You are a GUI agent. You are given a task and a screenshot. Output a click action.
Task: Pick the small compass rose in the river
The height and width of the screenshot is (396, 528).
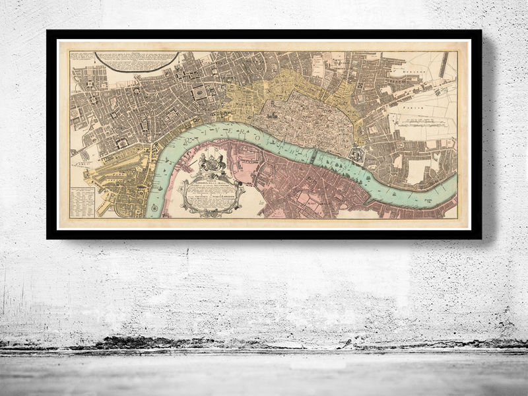(154, 209)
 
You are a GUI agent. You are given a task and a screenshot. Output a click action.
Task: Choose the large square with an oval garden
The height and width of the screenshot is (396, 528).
(198, 94)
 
